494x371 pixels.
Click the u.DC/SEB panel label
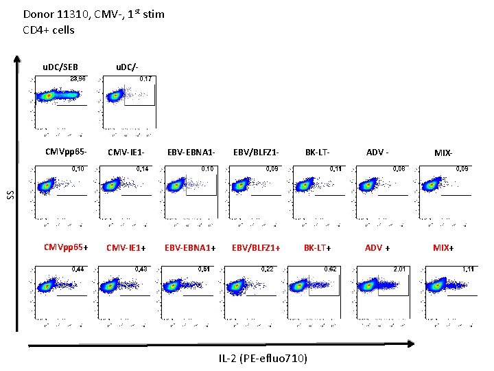point(60,67)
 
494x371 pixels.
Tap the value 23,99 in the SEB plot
point(75,79)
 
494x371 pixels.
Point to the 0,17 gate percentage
point(145,79)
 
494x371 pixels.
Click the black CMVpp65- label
point(65,151)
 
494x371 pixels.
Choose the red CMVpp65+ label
point(65,247)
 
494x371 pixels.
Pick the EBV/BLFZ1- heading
point(255,152)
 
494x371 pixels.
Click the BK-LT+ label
point(319,247)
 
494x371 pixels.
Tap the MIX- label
point(444,152)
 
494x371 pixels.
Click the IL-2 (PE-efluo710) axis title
point(263,359)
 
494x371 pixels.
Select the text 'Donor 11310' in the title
point(50,14)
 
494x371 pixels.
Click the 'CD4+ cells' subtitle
point(49,30)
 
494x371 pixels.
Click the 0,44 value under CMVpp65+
point(79,269)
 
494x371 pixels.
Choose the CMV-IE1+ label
point(128,247)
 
